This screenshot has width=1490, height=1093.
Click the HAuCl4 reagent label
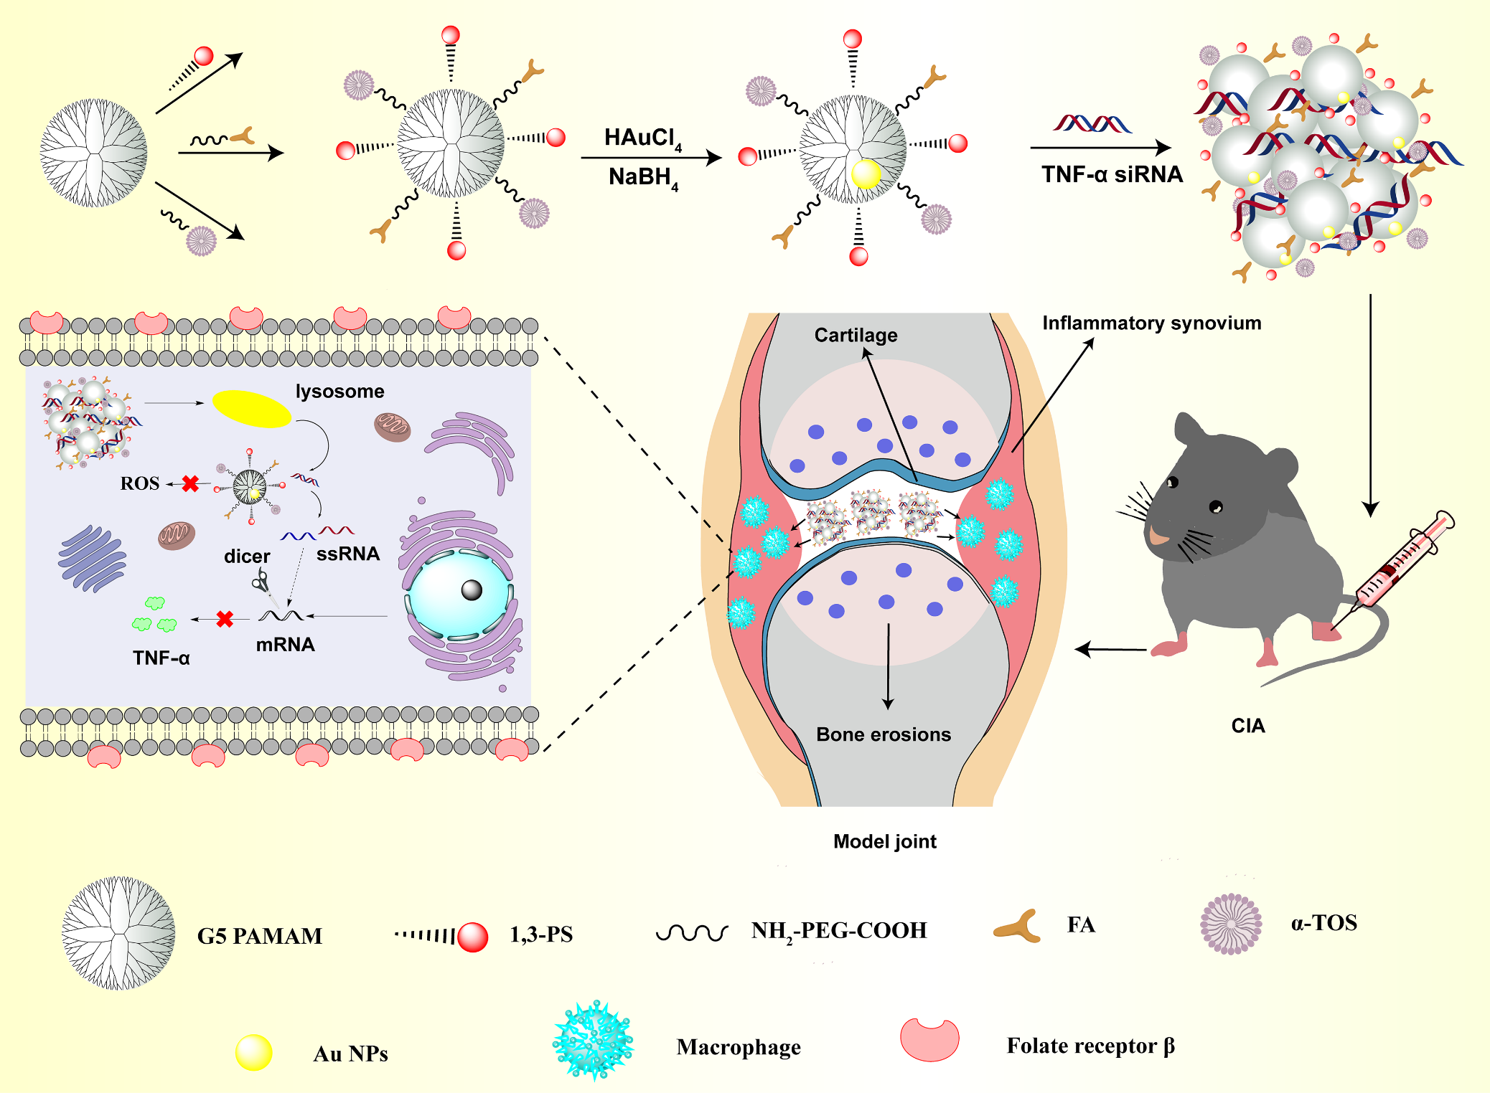(x=642, y=138)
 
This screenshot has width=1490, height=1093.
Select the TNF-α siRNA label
(x=1112, y=174)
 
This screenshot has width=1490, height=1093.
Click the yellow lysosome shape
(x=251, y=409)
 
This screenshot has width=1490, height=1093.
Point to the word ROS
(x=140, y=483)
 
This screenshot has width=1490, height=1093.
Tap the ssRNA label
(x=348, y=554)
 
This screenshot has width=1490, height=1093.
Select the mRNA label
(x=285, y=644)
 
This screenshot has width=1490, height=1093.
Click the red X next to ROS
(x=190, y=484)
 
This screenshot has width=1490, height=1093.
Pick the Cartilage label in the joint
(x=856, y=335)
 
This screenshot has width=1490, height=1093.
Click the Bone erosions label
(x=884, y=734)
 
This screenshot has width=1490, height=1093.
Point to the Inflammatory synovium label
(x=1151, y=323)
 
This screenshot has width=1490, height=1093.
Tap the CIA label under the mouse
(x=1248, y=726)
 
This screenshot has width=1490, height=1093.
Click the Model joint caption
(x=885, y=841)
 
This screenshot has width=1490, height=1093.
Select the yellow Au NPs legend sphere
(x=254, y=1052)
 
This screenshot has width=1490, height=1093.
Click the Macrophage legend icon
(x=593, y=1041)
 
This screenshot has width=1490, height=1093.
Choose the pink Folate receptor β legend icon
(x=930, y=1039)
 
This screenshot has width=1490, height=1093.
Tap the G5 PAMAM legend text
(x=260, y=936)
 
